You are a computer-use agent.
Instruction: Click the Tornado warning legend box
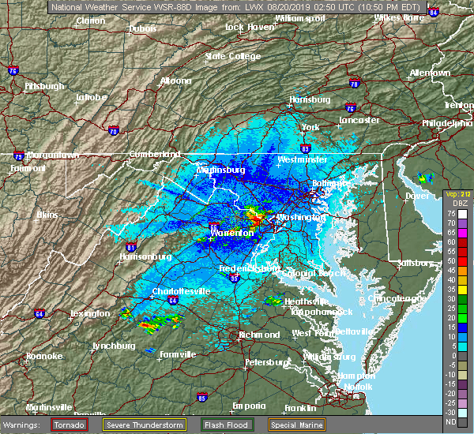[x=70, y=425]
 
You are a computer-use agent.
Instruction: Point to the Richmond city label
[x=260, y=335]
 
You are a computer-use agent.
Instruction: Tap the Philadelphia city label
[x=447, y=123]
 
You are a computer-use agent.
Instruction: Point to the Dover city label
[x=416, y=195]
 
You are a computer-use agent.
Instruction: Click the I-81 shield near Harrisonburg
[x=132, y=247]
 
